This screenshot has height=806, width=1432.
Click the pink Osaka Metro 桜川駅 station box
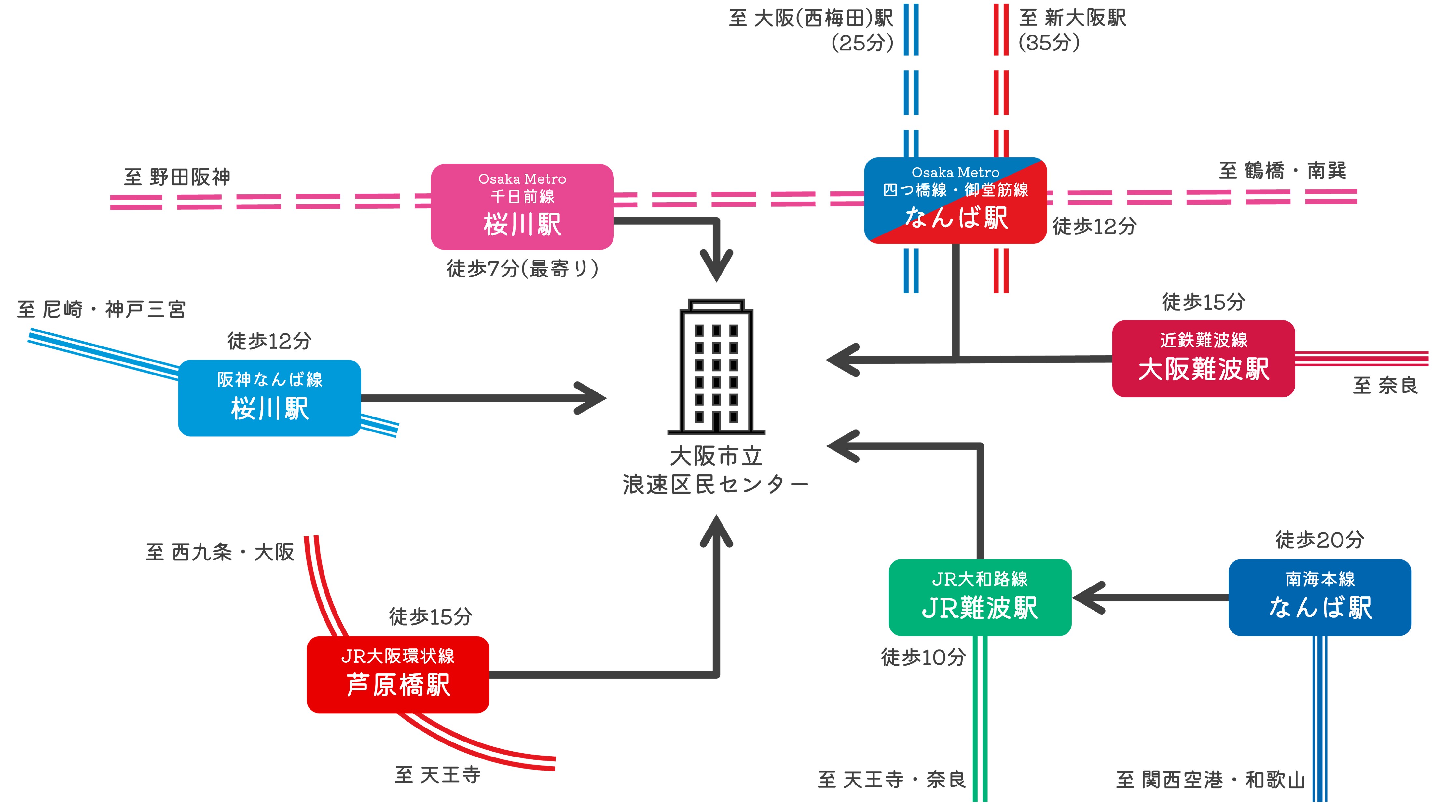(x=522, y=207)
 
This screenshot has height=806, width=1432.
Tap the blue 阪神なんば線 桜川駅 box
(x=269, y=398)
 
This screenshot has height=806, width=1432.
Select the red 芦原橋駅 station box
(x=398, y=674)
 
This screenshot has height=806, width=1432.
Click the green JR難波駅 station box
(x=980, y=597)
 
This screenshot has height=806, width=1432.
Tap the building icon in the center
(x=716, y=367)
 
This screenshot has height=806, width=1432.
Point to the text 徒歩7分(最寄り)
(x=523, y=269)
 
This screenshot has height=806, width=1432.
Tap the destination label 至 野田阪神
(x=177, y=177)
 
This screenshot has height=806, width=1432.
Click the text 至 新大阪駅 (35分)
(x=1072, y=30)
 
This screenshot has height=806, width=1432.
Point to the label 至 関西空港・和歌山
(x=1210, y=780)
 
